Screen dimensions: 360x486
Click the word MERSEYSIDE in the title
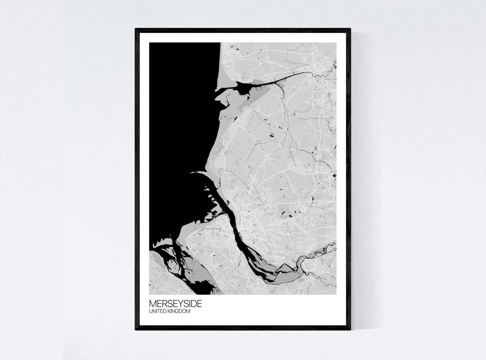[175, 304]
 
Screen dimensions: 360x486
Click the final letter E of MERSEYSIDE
[200, 304]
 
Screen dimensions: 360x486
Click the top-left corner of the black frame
[136, 29]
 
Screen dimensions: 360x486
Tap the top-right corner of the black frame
[350, 29]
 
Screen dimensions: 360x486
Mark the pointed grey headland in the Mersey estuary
[285, 267]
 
